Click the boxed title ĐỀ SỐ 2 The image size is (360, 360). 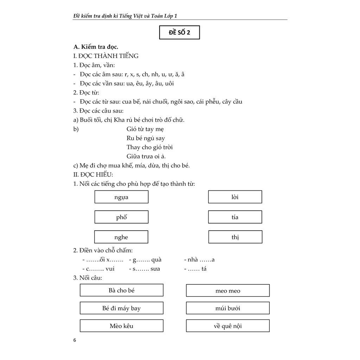pos(179,33)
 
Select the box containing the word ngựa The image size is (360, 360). pos(121,197)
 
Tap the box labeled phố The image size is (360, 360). pos(121,217)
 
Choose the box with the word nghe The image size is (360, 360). pos(121,237)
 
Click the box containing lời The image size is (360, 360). pos(235,197)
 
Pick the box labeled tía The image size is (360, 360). pos(235,217)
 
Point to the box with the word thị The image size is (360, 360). pos(235,237)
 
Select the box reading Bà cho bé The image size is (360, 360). pos(122,290)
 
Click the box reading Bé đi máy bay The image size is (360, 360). pos(122,308)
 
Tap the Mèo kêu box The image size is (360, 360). pos(122,326)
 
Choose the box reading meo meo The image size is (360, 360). pos(228,291)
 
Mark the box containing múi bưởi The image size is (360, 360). pos(228,308)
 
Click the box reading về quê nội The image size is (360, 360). pos(228,326)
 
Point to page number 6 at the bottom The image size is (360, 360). pos(74,340)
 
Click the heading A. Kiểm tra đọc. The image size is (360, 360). pos(96,47)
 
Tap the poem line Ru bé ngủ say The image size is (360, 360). pos(146,138)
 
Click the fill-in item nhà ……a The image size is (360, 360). pos(199,260)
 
